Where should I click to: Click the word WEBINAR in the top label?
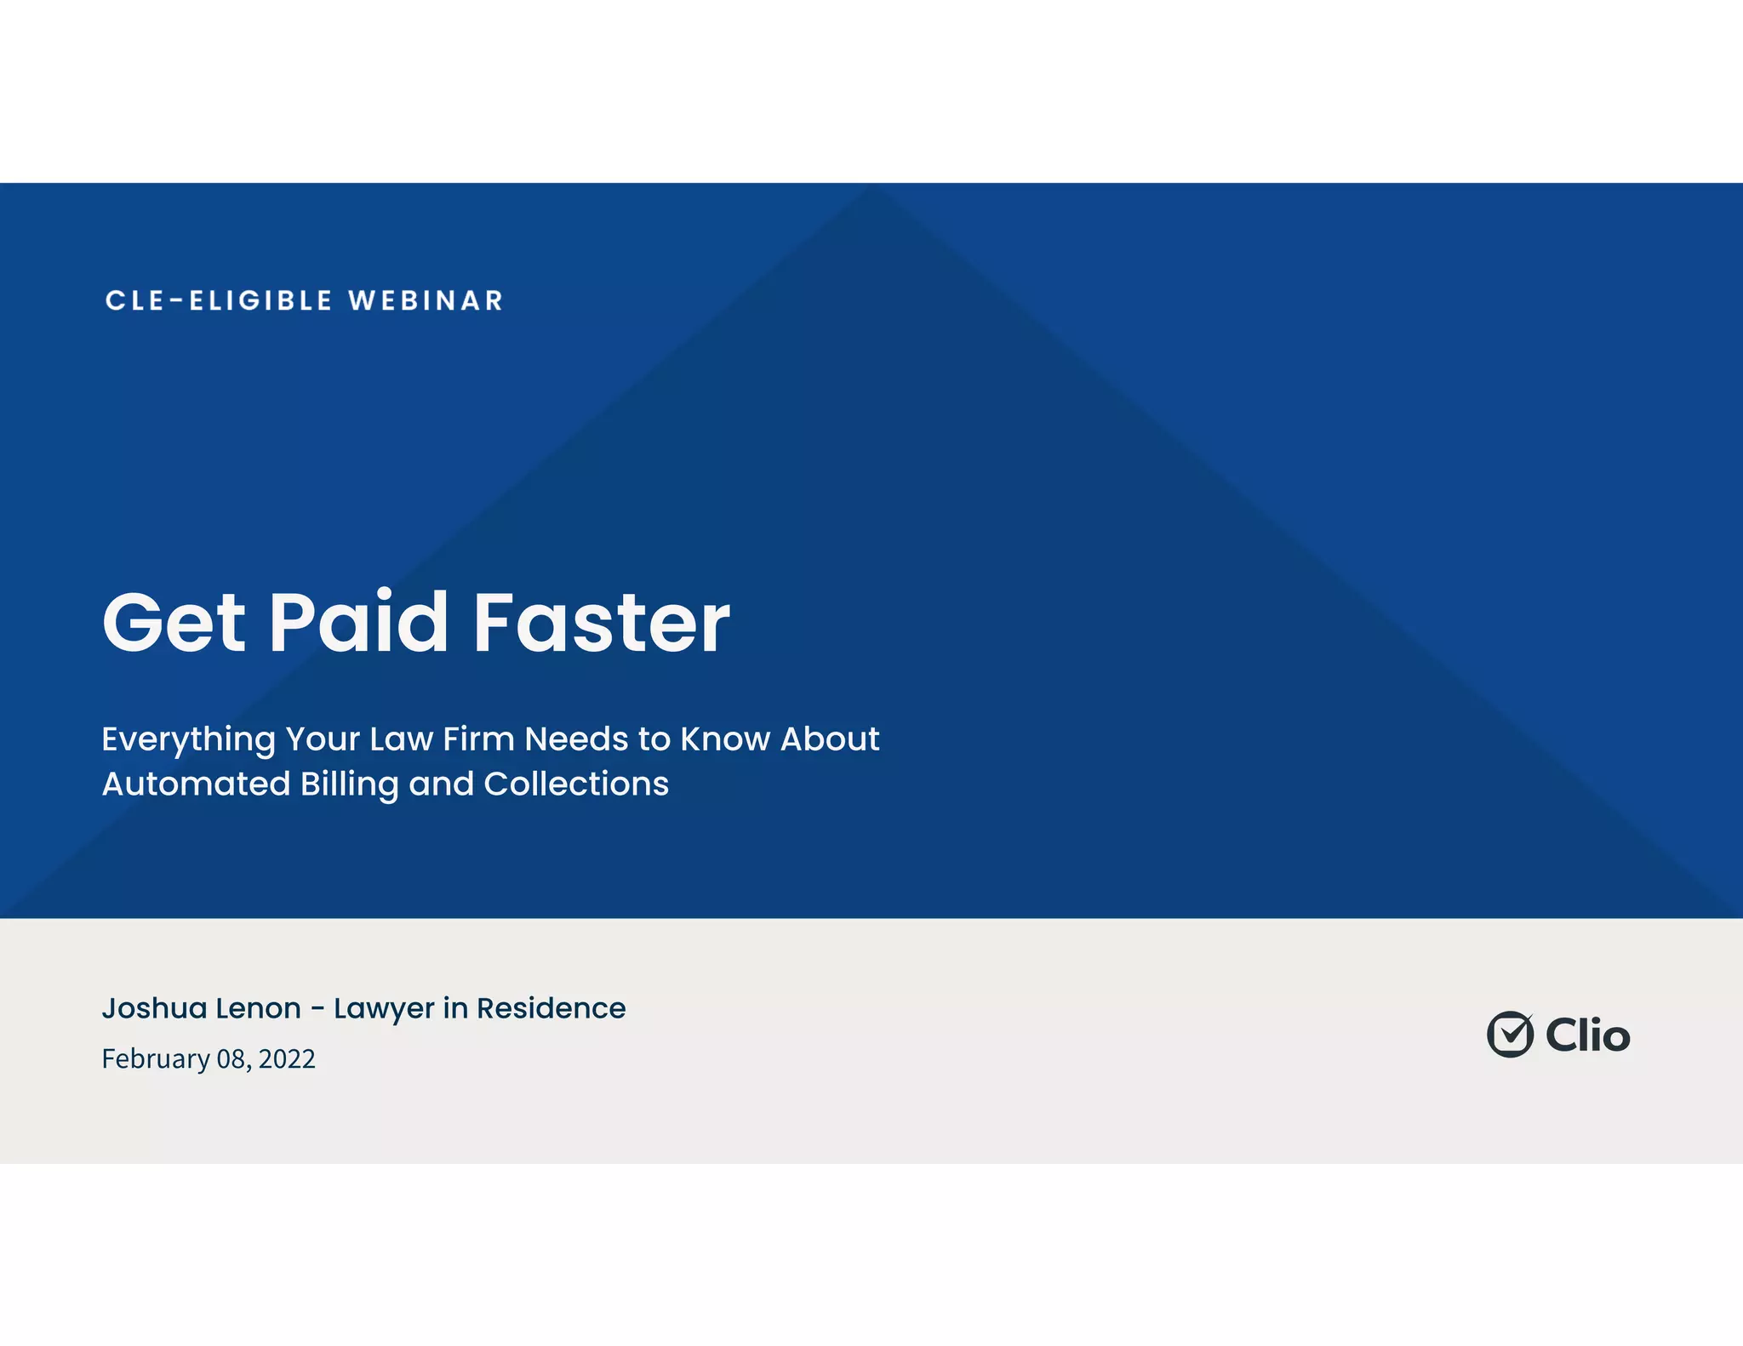(426, 300)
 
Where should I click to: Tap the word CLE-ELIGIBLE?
(219, 300)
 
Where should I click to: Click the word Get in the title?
(174, 623)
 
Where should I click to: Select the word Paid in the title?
(358, 623)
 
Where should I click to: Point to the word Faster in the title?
(601, 623)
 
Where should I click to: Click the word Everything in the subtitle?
(188, 739)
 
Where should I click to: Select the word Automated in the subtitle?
(196, 784)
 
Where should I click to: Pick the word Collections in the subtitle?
(576, 784)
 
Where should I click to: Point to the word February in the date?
(156, 1059)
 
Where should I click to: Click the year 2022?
(287, 1059)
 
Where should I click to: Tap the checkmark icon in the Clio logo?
(1510, 1035)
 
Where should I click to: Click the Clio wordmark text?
(1587, 1035)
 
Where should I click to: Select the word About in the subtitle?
(830, 739)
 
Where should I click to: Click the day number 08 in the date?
(232, 1059)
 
